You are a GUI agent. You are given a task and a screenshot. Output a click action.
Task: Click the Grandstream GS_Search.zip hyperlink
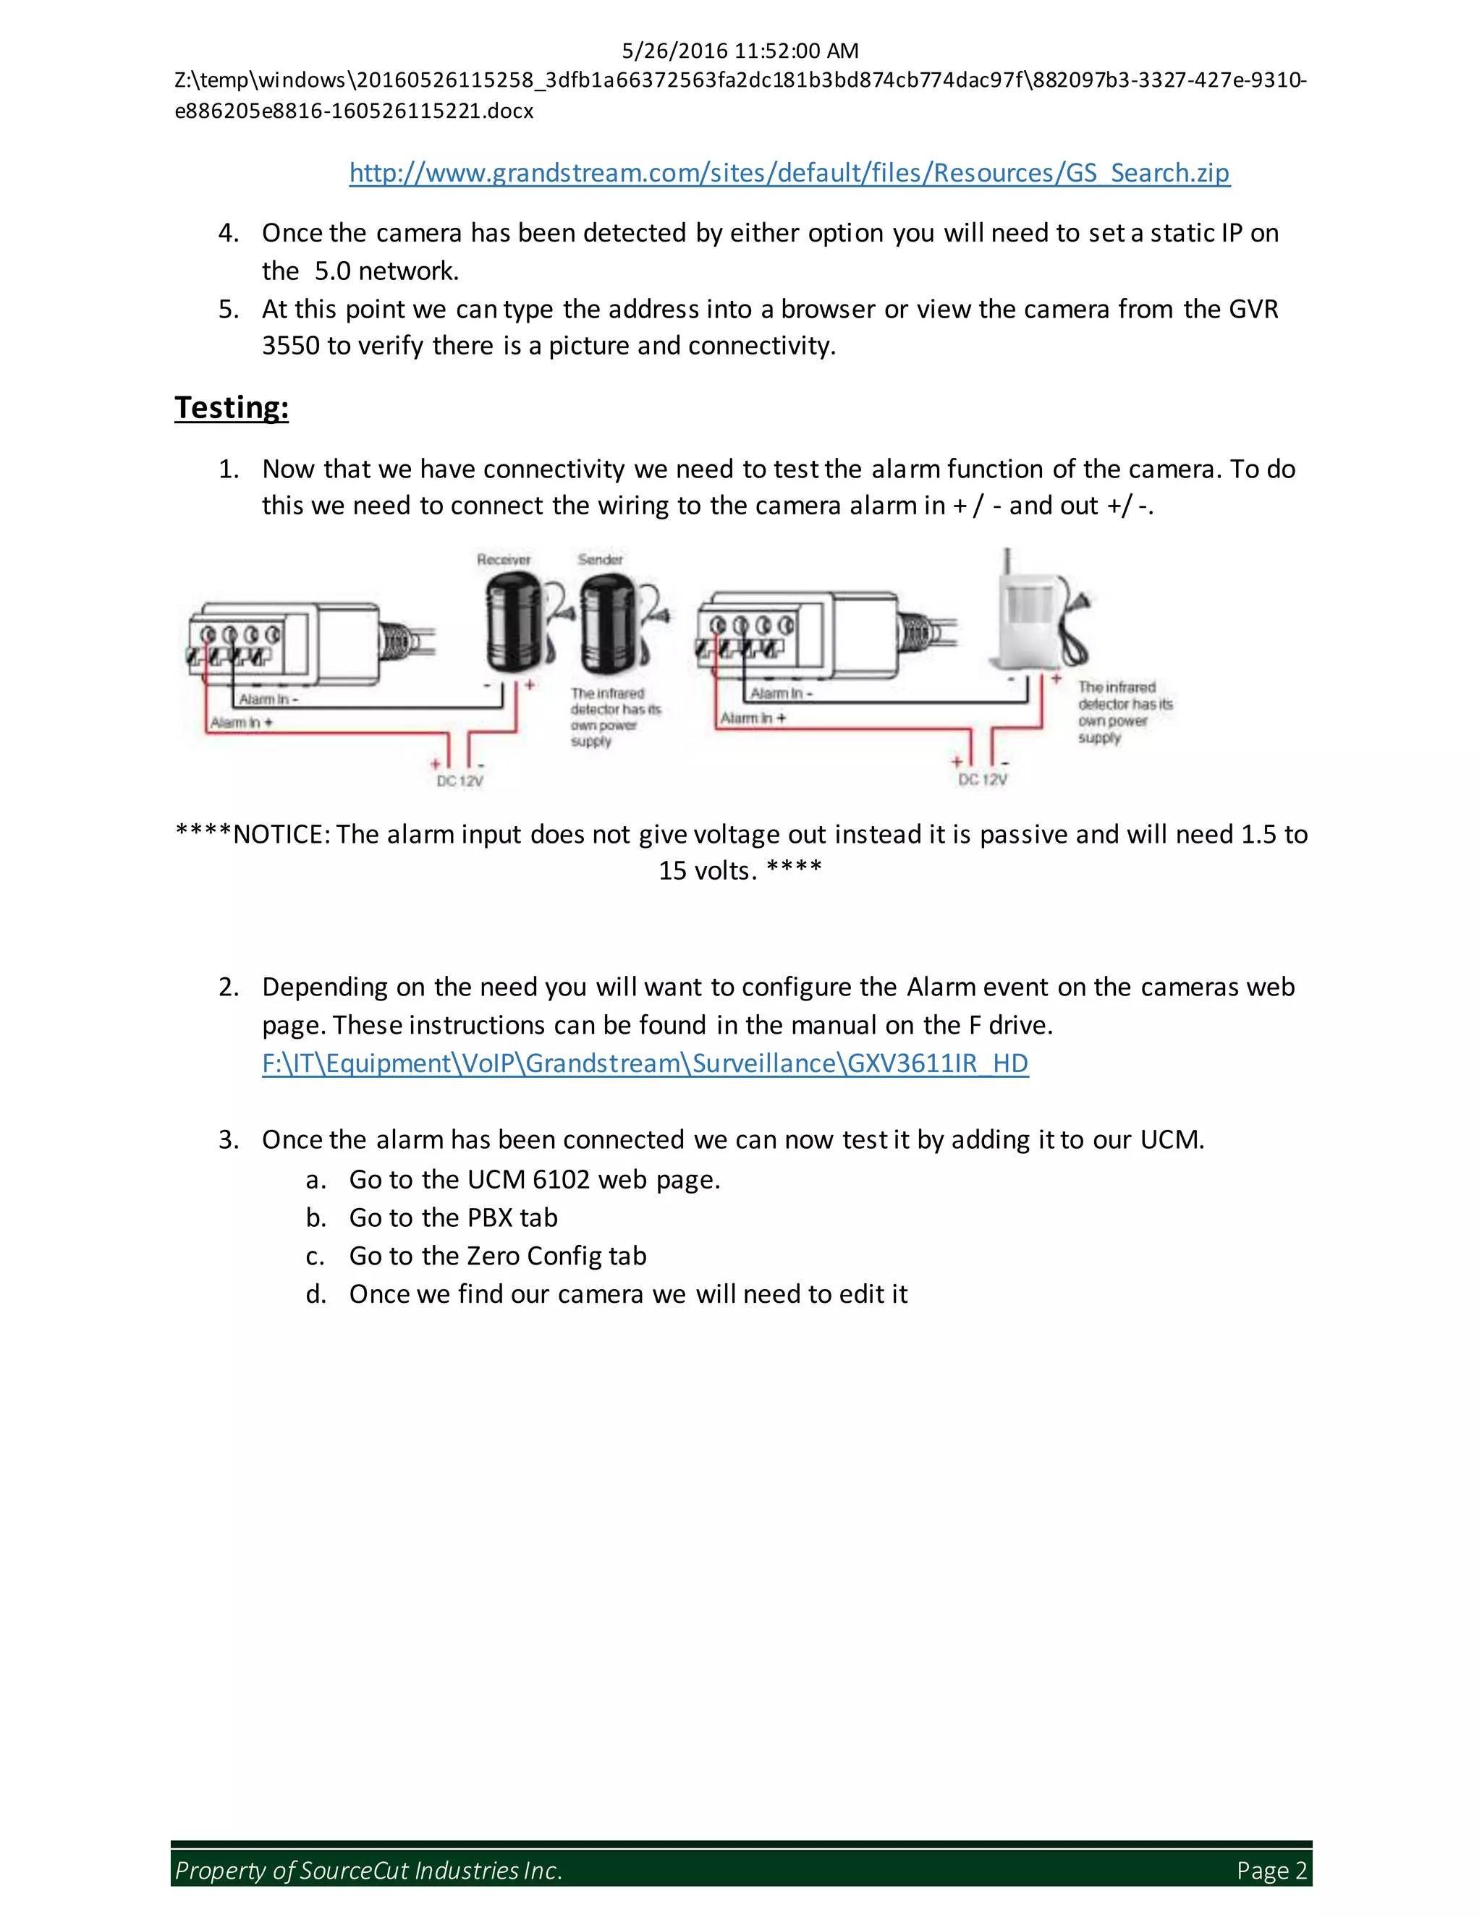coord(789,173)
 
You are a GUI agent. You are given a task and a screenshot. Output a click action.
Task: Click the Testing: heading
coord(232,407)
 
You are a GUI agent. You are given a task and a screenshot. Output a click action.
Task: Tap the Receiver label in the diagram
coord(503,560)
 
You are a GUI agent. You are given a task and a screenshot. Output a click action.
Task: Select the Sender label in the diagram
coord(600,559)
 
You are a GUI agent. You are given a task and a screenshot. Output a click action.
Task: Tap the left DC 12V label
coord(460,781)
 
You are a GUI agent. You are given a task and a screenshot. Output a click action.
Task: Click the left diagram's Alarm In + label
coord(242,723)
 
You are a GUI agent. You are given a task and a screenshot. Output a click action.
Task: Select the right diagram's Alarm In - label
coord(782,694)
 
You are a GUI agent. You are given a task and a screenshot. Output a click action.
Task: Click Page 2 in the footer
coord(1271,1871)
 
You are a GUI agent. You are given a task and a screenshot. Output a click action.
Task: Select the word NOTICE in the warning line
coord(279,834)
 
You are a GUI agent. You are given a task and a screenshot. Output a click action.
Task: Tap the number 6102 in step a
coord(561,1179)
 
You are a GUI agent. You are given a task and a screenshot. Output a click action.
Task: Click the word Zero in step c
coord(494,1255)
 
